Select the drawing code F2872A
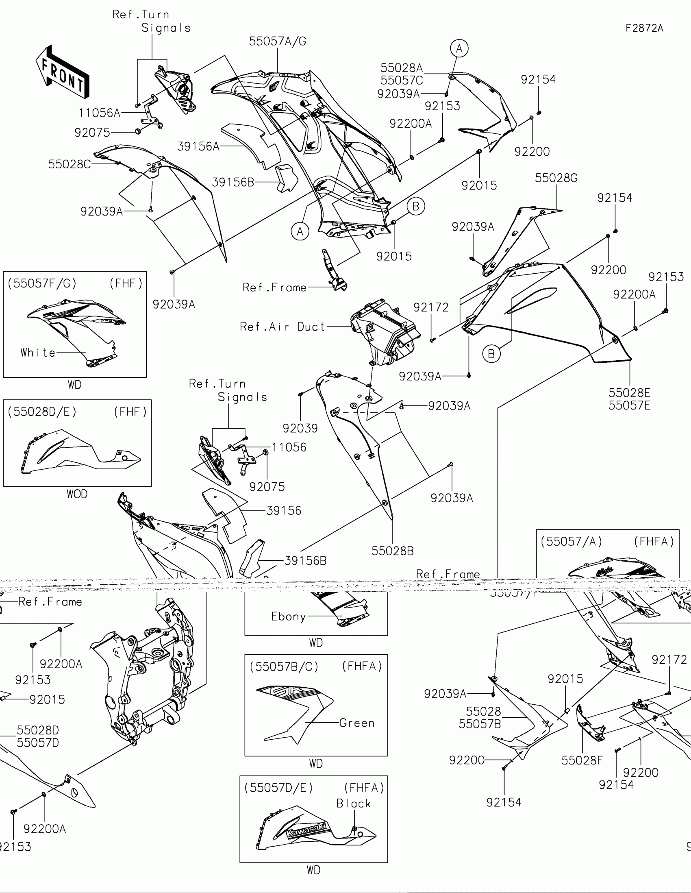644,28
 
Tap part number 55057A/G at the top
278,41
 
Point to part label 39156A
198,146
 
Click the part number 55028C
70,164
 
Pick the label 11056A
99,113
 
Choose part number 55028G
556,178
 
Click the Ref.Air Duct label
282,327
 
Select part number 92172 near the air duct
431,307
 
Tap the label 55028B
392,551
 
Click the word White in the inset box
38,353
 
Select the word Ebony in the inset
289,616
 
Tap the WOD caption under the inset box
77,494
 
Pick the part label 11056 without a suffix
289,447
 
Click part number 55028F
582,760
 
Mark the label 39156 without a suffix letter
284,511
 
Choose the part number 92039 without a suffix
300,428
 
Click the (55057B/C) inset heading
284,667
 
